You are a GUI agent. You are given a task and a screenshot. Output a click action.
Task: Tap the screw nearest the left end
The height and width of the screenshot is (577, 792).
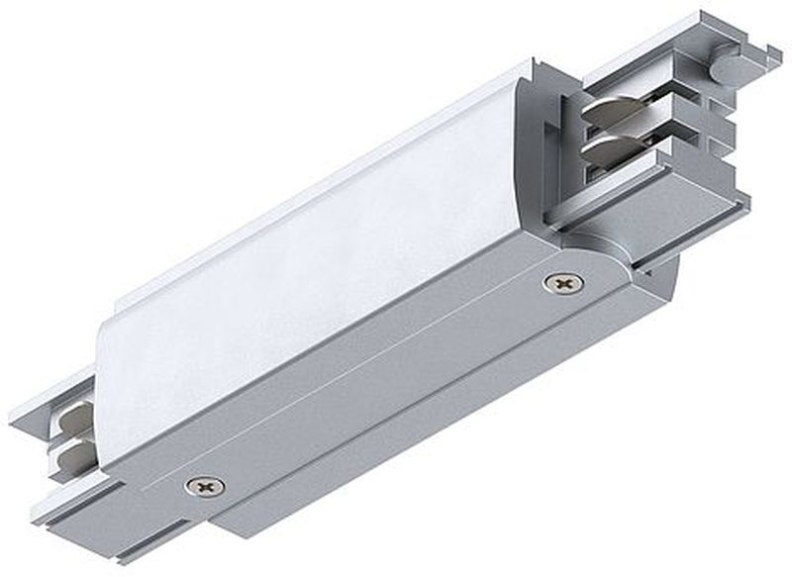click(x=205, y=486)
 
